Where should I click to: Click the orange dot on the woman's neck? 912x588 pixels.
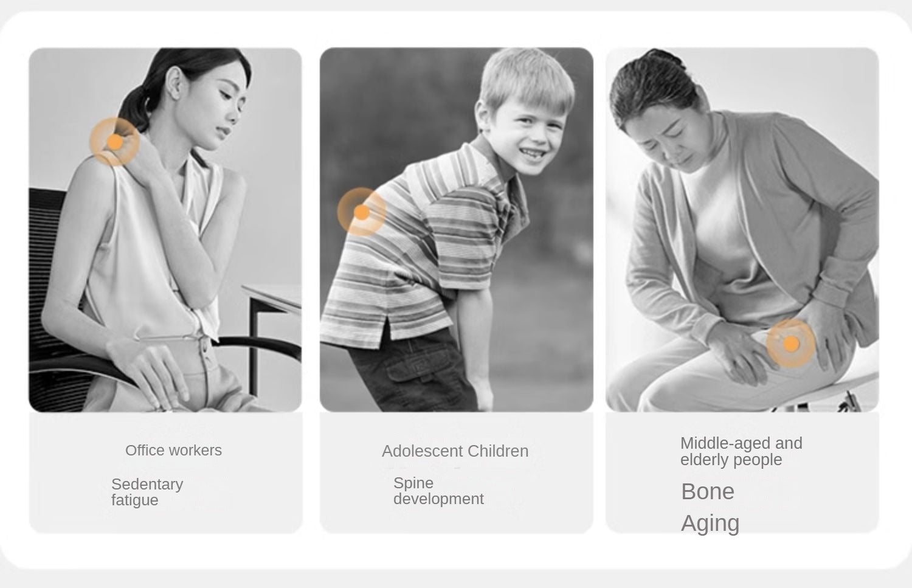pyautogui.click(x=116, y=142)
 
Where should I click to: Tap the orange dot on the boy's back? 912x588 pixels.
pyautogui.click(x=362, y=212)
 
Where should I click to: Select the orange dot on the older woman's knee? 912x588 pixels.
pyautogui.click(x=791, y=344)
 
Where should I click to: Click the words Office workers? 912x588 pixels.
pyautogui.click(x=173, y=451)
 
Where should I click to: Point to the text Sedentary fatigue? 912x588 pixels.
pyautogui.click(x=147, y=492)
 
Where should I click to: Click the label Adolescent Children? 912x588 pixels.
pyautogui.click(x=455, y=451)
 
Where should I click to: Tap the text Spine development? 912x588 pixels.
pyautogui.click(x=438, y=491)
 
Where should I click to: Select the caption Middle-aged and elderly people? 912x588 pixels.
pyautogui.click(x=741, y=451)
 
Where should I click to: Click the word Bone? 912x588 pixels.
pyautogui.click(x=708, y=491)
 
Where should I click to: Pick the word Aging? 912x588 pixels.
pyautogui.click(x=710, y=524)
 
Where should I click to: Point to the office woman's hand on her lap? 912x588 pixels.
pyautogui.click(x=151, y=370)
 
